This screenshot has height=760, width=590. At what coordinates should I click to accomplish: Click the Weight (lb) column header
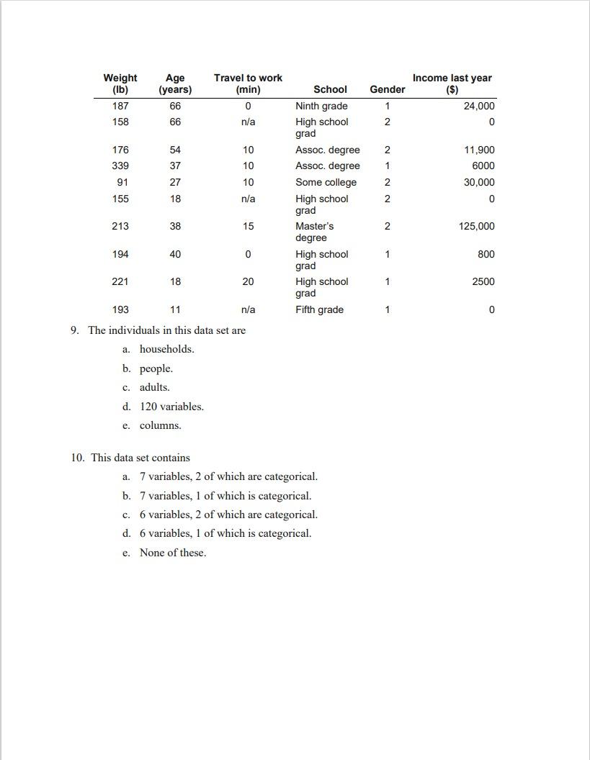click(120, 83)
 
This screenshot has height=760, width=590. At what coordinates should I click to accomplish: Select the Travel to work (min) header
click(248, 83)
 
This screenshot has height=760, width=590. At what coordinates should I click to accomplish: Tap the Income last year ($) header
click(452, 83)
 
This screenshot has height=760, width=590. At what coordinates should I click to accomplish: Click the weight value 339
click(120, 166)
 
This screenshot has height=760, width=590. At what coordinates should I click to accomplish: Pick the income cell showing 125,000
click(475, 226)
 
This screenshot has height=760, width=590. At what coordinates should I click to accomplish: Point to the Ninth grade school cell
click(321, 106)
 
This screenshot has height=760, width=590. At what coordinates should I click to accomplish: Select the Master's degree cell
click(314, 232)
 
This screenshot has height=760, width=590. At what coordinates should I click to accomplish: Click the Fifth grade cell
click(319, 309)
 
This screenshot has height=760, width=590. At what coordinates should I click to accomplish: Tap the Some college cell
click(326, 182)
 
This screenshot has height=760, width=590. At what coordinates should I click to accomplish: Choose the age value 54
click(175, 150)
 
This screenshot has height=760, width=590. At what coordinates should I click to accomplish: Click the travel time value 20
click(248, 281)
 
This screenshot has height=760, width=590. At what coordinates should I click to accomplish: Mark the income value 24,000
click(479, 106)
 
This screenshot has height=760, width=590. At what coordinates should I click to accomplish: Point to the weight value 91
click(120, 182)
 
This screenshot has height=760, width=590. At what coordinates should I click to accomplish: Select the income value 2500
click(483, 281)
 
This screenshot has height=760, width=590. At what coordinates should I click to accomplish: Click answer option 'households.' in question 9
click(166, 349)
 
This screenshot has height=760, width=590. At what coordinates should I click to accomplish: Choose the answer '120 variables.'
click(171, 407)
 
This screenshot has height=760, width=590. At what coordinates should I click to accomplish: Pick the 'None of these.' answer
click(173, 553)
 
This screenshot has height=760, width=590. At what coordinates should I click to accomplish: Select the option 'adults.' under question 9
click(155, 387)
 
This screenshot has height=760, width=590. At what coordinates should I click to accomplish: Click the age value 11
click(175, 309)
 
